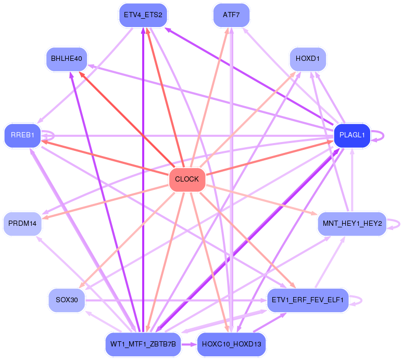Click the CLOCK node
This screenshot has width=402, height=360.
pyautogui.click(x=187, y=179)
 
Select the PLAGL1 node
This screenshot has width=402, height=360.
pyautogui.click(x=352, y=135)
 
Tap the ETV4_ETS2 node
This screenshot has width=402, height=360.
pyautogui.click(x=143, y=15)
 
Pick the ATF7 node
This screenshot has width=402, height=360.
pyautogui.click(x=231, y=15)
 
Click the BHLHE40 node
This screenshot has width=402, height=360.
pyautogui.click(x=67, y=59)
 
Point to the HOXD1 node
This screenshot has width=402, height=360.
pyautogui.click(x=308, y=59)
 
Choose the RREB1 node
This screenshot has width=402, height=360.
pyautogui.click(x=22, y=135)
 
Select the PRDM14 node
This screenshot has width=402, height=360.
pyautogui.click(x=22, y=224)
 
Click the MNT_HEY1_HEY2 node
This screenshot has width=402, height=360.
pyautogui.click(x=352, y=224)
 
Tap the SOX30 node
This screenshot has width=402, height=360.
pyautogui.click(x=67, y=300)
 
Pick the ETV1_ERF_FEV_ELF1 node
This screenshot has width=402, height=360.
pyautogui.click(x=308, y=300)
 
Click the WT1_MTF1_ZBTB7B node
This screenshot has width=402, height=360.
pyautogui.click(x=143, y=344)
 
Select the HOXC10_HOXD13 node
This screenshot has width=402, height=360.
pyautogui.click(x=231, y=344)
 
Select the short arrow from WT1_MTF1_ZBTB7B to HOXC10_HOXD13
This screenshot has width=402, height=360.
pyautogui.click(x=189, y=344)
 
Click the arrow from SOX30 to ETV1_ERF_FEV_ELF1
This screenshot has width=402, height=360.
pyautogui.click(x=176, y=300)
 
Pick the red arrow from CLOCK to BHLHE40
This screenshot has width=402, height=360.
pyautogui.click(x=127, y=120)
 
